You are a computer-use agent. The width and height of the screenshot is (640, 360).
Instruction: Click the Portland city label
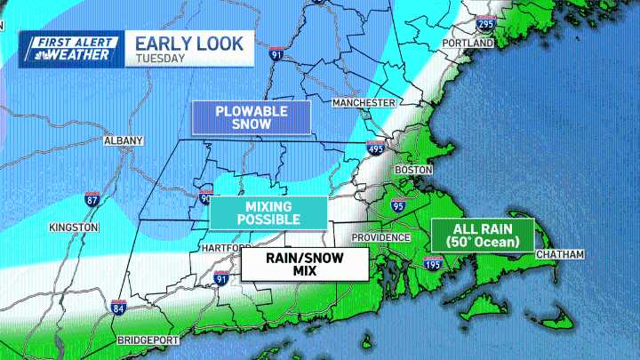coord(468,43)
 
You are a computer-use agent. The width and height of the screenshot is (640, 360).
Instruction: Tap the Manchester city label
coord(363,103)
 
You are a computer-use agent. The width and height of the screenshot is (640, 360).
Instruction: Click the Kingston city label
coord(75,228)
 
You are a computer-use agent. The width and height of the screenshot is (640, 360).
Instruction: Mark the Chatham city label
coord(560,255)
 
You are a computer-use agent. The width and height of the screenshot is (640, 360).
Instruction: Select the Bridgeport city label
coord(148,340)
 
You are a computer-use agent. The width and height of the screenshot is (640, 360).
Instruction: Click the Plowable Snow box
coord(251,117)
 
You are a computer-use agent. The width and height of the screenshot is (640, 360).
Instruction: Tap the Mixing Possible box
coord(268,212)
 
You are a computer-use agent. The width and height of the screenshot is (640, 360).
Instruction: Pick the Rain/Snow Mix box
coord(305,264)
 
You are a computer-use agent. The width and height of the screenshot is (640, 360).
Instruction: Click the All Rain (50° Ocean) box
coord(481,236)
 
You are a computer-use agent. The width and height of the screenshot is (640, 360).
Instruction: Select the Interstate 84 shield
coord(118,309)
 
